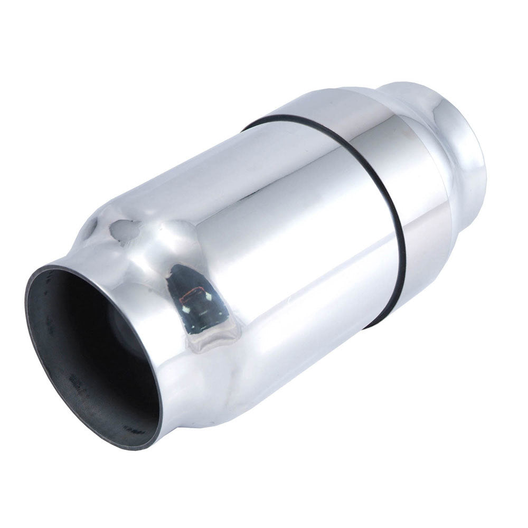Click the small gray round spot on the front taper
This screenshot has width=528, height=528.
(x=123, y=230)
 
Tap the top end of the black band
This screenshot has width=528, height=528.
(x=248, y=127)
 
